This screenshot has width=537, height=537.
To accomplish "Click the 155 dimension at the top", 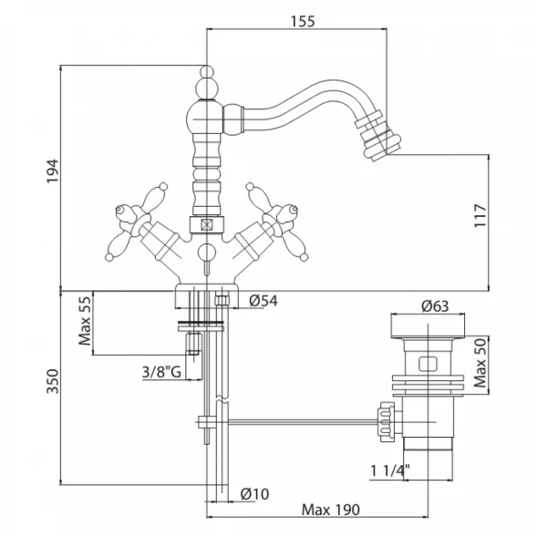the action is tap(303, 21).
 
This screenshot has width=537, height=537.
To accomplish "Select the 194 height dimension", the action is tap(53, 171).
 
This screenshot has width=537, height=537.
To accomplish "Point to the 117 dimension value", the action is tap(480, 216).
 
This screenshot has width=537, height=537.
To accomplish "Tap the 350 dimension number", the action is tap(53, 381).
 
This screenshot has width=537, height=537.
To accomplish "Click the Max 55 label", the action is tap(85, 321).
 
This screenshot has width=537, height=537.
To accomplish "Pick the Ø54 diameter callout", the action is tap(263, 301).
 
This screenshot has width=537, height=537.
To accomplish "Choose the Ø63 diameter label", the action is tap(435, 305).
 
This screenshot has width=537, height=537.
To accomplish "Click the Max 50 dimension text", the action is tap(480, 363).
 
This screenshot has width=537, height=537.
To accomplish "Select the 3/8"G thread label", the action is tap(161, 372).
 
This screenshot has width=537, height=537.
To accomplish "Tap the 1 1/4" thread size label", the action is tap(390, 471).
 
